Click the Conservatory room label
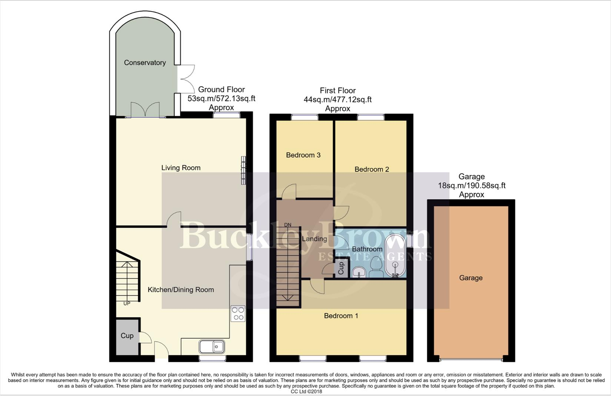click(x=145, y=63)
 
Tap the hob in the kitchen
click(x=238, y=313)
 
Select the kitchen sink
click(x=212, y=347)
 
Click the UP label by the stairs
click(x=127, y=303)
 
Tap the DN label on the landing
click(x=288, y=225)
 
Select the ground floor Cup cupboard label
click(x=127, y=336)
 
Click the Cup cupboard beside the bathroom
click(x=341, y=268)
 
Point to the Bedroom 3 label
click(x=303, y=155)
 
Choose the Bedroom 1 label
click(x=341, y=316)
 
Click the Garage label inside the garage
click(x=471, y=278)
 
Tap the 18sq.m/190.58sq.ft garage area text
click(x=471, y=186)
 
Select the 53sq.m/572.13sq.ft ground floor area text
click(x=222, y=99)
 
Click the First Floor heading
click(x=338, y=90)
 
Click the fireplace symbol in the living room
click(x=243, y=170)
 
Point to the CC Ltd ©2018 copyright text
click(x=306, y=391)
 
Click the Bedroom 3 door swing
click(x=289, y=191)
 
